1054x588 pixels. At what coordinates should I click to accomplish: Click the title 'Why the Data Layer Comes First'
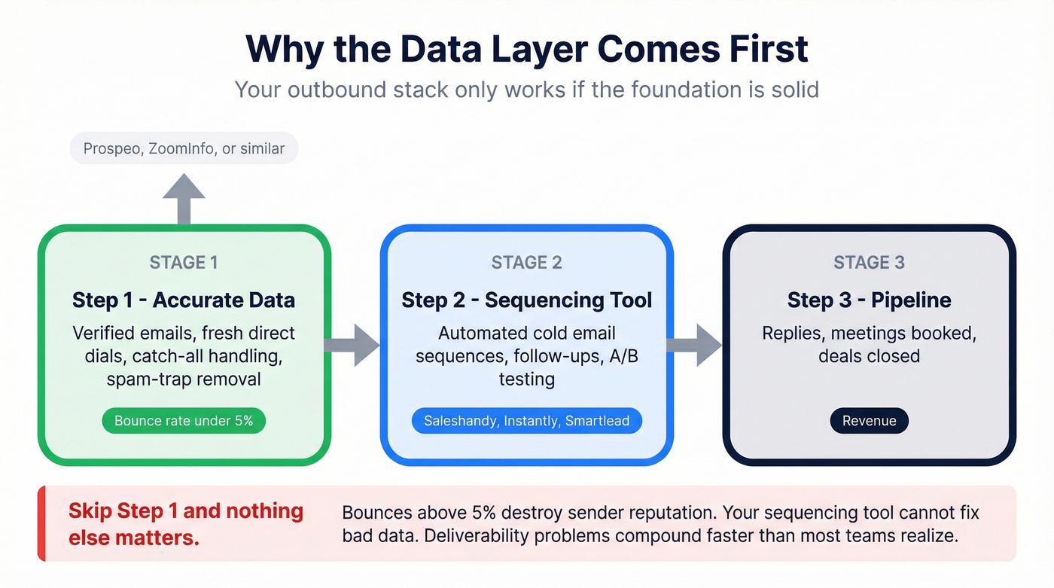point(526,48)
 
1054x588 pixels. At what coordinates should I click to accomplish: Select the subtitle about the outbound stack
point(526,90)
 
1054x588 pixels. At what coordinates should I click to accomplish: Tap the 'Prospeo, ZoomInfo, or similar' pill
point(184,148)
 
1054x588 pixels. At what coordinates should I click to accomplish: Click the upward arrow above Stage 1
point(184,198)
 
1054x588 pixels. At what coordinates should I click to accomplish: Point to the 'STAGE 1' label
point(184,262)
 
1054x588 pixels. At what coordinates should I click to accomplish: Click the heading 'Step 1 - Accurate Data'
point(184,300)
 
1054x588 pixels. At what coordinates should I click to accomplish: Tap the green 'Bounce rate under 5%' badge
point(184,421)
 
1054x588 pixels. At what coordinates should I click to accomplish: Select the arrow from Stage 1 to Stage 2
point(352,346)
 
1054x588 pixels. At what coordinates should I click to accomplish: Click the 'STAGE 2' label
point(526,262)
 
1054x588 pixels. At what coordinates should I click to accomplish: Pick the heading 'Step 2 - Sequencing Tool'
point(526,300)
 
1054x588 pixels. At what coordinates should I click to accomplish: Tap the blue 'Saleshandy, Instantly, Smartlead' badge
point(526,421)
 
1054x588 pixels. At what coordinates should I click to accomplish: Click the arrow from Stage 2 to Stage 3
point(694,346)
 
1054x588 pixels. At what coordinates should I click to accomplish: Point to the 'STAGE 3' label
point(869,262)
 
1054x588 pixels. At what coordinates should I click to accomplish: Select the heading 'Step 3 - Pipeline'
point(869,300)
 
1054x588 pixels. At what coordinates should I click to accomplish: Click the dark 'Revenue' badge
point(869,421)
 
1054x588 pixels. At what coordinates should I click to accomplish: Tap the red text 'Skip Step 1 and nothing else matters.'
point(185,524)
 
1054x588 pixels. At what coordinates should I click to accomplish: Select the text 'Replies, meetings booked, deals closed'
point(869,344)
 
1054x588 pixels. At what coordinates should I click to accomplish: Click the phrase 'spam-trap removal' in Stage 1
point(184,379)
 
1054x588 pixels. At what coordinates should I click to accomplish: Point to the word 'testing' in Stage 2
point(526,379)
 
